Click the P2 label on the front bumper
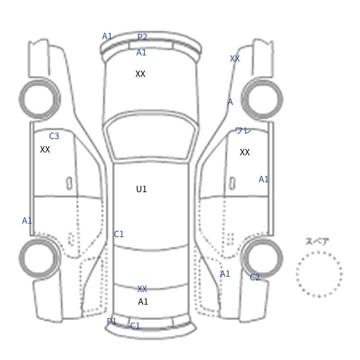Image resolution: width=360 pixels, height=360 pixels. coord(142,37)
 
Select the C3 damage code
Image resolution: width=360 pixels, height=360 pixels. coord(54,136)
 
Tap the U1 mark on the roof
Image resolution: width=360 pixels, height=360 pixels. coord(141,189)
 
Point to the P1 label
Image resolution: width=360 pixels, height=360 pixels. coord(112,321)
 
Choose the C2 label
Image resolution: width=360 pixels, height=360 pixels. coord(255,277)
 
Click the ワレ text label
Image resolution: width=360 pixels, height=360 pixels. coord(243,130)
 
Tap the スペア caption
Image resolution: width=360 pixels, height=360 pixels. coord(314,242)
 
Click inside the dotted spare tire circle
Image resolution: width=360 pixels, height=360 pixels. coord(319,274)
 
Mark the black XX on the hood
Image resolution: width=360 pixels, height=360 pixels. coord(140,74)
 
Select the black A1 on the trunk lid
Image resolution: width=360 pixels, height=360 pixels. coord(143,301)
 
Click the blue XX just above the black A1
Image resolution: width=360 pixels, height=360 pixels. coord(142,289)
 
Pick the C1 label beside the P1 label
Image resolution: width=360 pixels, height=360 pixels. coord(135,326)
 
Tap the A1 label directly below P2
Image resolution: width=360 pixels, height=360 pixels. coord(141,52)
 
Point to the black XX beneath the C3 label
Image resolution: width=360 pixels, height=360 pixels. coord(45,149)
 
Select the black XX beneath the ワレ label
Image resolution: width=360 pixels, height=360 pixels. coord(244,152)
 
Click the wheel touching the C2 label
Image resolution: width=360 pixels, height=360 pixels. coord(262,257)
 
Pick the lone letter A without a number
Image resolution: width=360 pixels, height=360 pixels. coord(230,102)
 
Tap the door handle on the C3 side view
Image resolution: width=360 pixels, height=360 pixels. coord(69,184)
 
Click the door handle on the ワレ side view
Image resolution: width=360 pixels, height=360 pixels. coord(232,184)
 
